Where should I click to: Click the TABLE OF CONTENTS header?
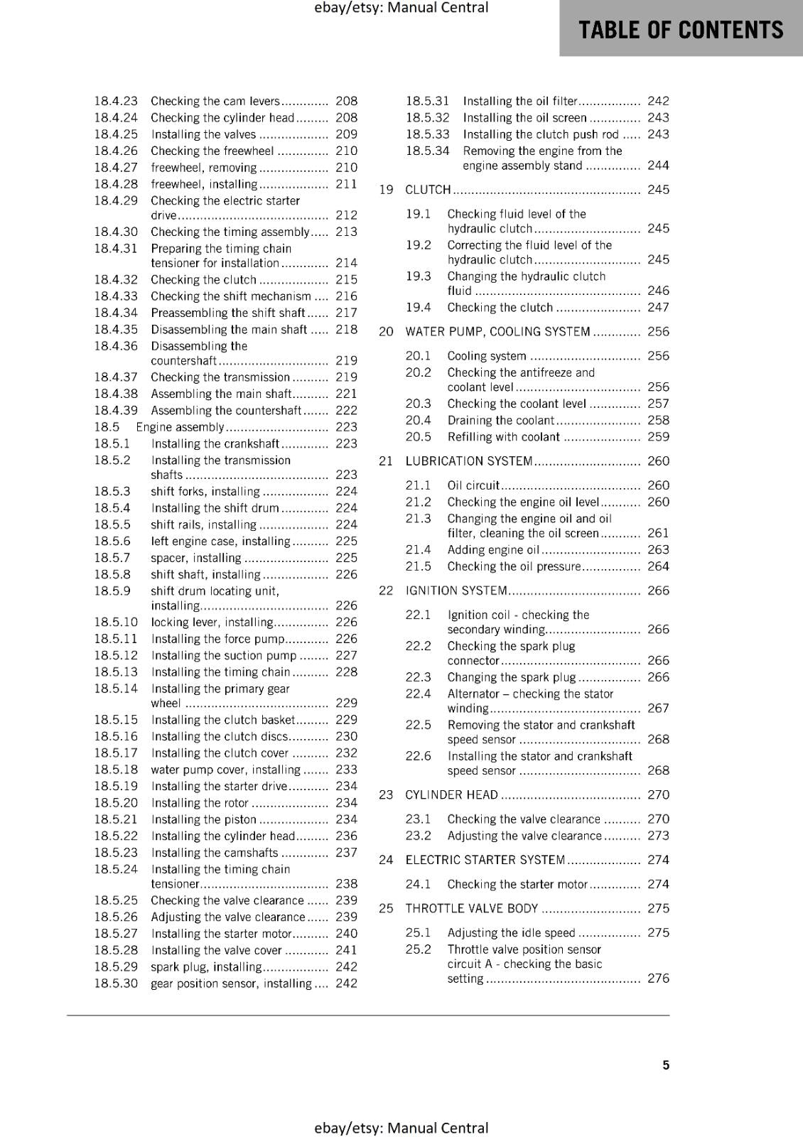point(680,30)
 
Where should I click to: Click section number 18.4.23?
point(116,102)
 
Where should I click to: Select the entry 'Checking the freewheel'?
point(212,151)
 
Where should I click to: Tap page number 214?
point(346,263)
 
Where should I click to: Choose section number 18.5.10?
point(116,623)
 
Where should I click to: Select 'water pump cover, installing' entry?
point(225,770)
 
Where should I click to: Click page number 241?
point(346,950)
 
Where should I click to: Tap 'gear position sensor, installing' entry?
point(231,984)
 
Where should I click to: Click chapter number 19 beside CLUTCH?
point(386,190)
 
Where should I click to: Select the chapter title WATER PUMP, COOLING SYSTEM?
point(497,332)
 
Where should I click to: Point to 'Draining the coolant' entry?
point(500,421)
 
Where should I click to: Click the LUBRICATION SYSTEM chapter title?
point(469,461)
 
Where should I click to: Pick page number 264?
point(658,566)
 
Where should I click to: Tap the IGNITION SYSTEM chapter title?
point(456,591)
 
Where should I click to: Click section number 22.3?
point(418,677)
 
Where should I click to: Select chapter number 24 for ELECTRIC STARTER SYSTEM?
point(386,860)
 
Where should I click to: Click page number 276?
point(658,979)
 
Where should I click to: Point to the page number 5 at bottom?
point(666,1065)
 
